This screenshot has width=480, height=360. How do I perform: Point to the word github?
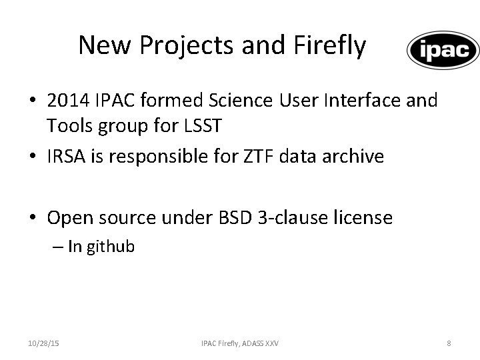pyautogui.click(x=110, y=247)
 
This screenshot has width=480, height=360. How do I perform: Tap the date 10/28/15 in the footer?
pyautogui.click(x=43, y=343)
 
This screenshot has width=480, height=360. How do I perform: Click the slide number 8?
pyautogui.click(x=449, y=343)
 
